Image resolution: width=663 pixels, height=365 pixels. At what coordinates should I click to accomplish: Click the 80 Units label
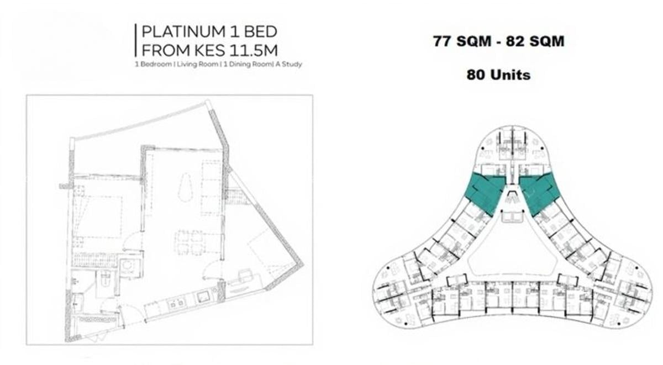click(498, 75)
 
